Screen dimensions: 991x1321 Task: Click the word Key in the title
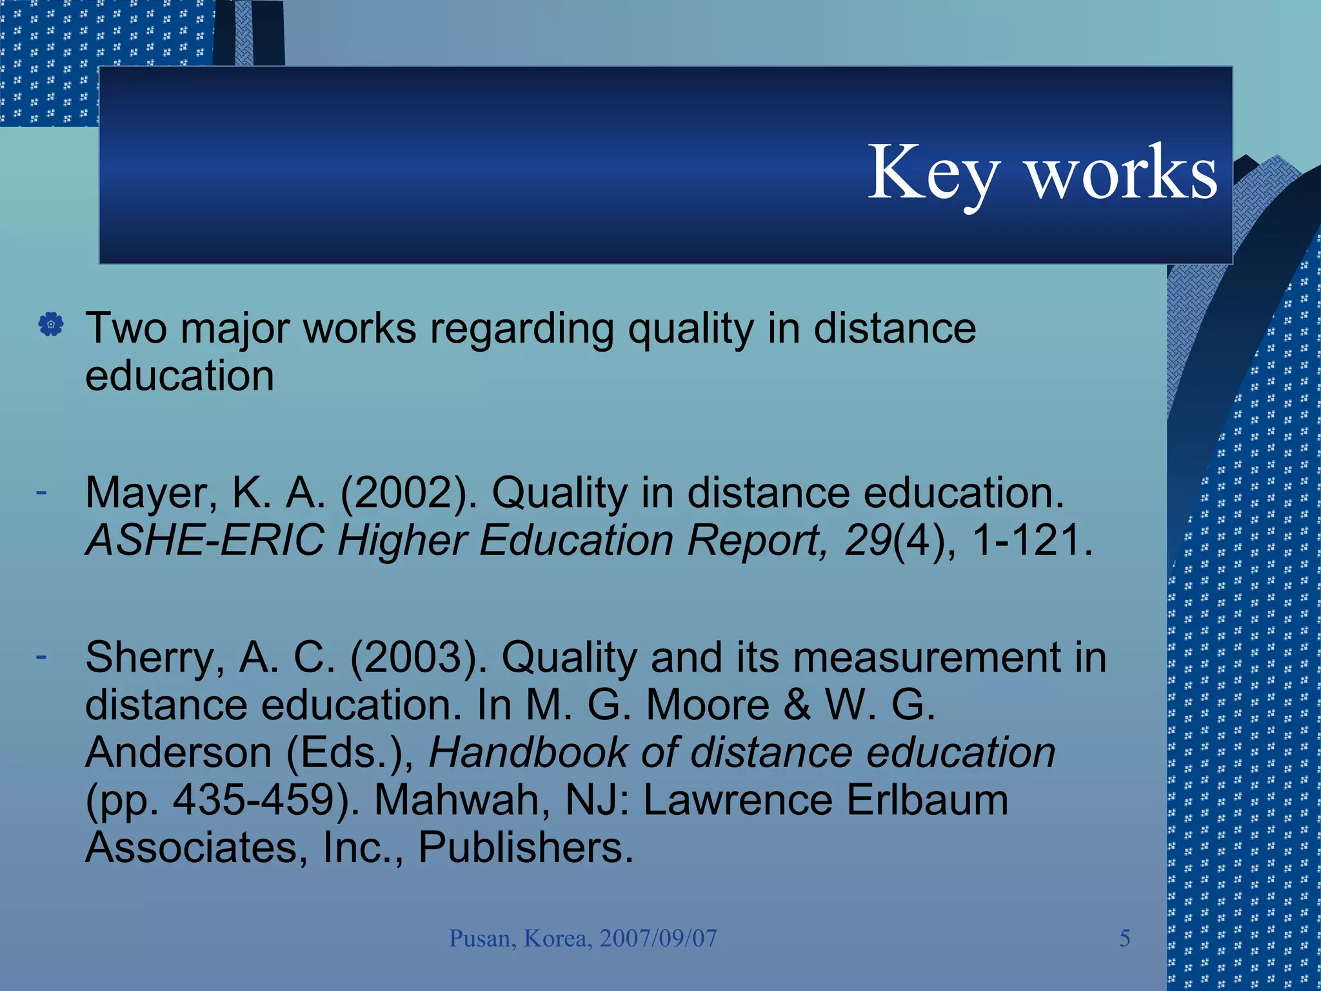click(933, 173)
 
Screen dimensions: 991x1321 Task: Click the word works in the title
click(1122, 173)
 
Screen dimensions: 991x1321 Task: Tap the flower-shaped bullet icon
click(51, 325)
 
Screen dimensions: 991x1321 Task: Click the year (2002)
click(408, 494)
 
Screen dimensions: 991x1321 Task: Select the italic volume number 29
click(868, 540)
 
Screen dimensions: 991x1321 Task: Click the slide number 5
click(1124, 938)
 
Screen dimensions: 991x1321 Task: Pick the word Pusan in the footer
click(482, 938)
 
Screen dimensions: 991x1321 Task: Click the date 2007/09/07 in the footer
click(658, 938)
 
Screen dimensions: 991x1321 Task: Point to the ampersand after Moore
click(797, 705)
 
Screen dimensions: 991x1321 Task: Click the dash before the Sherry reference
click(41, 657)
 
